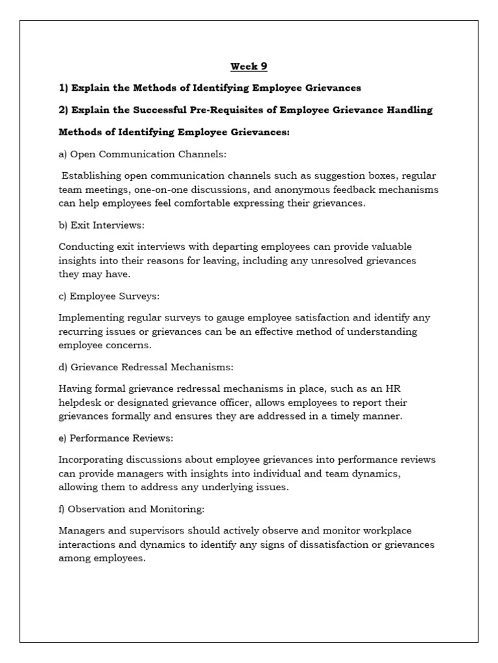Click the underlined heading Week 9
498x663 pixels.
click(x=249, y=66)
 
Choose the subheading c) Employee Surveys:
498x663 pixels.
click(x=109, y=296)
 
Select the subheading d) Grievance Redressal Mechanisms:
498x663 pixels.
click(x=146, y=367)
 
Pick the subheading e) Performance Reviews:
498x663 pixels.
click(x=116, y=438)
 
